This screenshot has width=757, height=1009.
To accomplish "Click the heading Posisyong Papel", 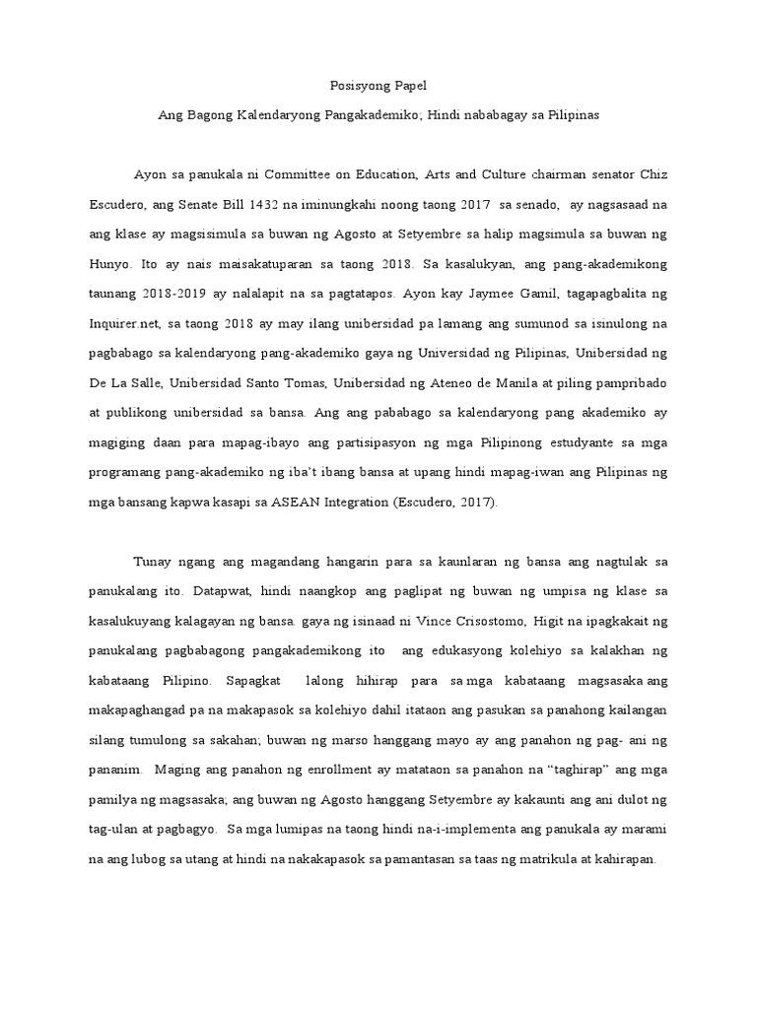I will click(378, 86).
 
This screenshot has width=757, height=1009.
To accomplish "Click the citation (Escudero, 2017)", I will click(446, 502).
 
